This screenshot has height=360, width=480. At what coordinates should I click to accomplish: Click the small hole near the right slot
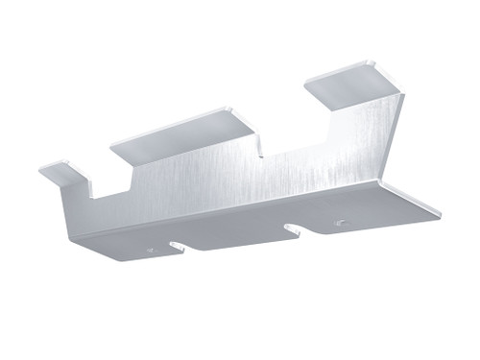coord(338,223)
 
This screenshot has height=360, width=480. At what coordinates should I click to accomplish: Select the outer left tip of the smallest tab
coord(41,171)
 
